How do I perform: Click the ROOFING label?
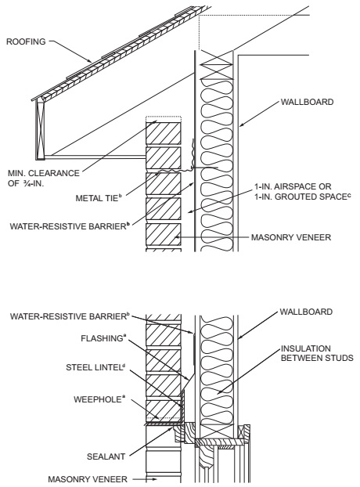click(x=26, y=41)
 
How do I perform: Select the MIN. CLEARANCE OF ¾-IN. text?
click(x=44, y=178)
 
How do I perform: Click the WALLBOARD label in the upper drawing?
click(x=307, y=102)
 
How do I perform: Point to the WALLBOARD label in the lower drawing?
click(x=306, y=312)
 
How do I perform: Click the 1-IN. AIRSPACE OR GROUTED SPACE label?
click(x=303, y=192)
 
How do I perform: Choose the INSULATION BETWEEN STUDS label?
click(x=317, y=353)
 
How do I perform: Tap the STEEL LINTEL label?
click(x=95, y=367)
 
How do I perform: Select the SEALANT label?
click(x=102, y=456)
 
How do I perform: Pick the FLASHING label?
click(x=103, y=338)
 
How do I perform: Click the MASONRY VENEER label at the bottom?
click(x=88, y=479)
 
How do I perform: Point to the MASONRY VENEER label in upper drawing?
click(x=291, y=237)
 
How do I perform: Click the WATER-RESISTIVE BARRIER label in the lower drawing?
click(x=70, y=316)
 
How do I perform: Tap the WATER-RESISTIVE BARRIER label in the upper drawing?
click(x=70, y=225)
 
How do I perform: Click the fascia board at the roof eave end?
click(x=40, y=129)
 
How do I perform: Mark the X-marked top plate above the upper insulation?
click(x=217, y=65)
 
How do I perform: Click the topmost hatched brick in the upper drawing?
click(x=164, y=133)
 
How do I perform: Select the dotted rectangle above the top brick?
click(x=164, y=120)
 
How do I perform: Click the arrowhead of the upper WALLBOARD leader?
click(x=241, y=125)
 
